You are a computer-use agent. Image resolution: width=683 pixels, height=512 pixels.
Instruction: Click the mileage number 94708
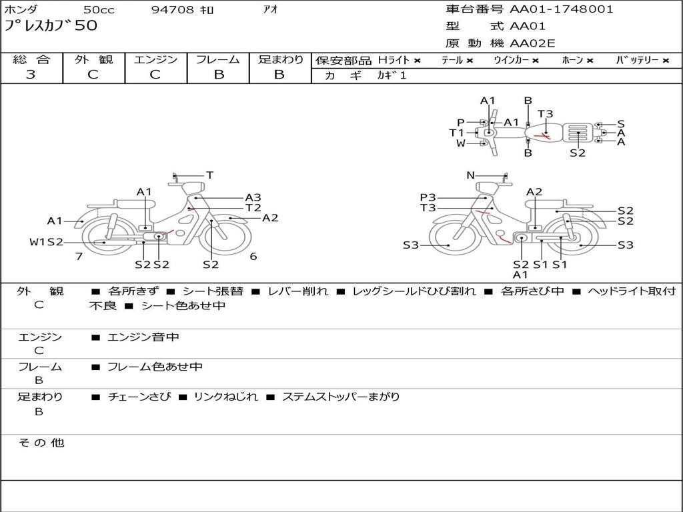pos(173,10)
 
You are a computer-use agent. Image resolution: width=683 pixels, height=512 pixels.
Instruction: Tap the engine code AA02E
pos(532,44)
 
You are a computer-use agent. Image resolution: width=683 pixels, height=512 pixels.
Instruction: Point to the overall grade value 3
pos(31,75)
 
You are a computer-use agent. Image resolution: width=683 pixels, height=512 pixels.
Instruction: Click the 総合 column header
pos(31,59)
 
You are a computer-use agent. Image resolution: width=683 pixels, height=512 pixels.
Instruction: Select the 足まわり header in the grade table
pos(280,59)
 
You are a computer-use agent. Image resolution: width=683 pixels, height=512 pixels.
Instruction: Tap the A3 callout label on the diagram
pos(253,197)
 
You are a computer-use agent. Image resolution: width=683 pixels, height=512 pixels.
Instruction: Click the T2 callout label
pos(253,207)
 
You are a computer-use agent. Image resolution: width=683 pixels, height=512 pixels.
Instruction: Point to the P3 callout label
pos(428,197)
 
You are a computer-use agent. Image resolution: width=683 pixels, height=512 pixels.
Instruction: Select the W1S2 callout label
pos(46,242)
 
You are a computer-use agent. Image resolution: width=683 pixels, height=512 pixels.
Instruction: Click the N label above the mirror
pos(470,175)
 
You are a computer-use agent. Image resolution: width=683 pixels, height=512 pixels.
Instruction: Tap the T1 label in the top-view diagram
pos(456,133)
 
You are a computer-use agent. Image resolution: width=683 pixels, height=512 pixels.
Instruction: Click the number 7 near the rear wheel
pos(79,256)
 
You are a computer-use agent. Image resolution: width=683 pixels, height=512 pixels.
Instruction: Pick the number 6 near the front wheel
pos(253,256)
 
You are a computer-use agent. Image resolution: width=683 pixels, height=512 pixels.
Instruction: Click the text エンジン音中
pos(143,337)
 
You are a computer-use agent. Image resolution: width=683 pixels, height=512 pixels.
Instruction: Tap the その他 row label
pos(41,443)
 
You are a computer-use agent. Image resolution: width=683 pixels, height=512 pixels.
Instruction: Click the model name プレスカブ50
pos(51,27)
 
